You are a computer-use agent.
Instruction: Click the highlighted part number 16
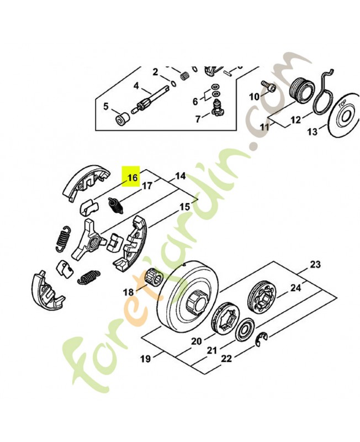click(132, 177)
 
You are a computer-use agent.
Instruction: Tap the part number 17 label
click(147, 186)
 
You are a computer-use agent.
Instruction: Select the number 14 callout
click(180, 176)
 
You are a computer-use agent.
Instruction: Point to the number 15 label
click(185, 207)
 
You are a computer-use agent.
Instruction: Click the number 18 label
click(128, 292)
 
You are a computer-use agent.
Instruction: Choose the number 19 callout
click(145, 359)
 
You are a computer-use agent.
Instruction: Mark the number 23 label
click(315, 265)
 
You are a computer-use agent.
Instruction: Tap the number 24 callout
click(296, 287)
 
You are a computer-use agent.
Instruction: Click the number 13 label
click(313, 131)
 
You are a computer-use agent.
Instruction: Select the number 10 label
click(253, 97)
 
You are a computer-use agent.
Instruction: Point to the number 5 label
click(106, 107)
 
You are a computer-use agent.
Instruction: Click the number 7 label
click(198, 119)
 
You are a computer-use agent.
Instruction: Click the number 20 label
click(196, 341)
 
